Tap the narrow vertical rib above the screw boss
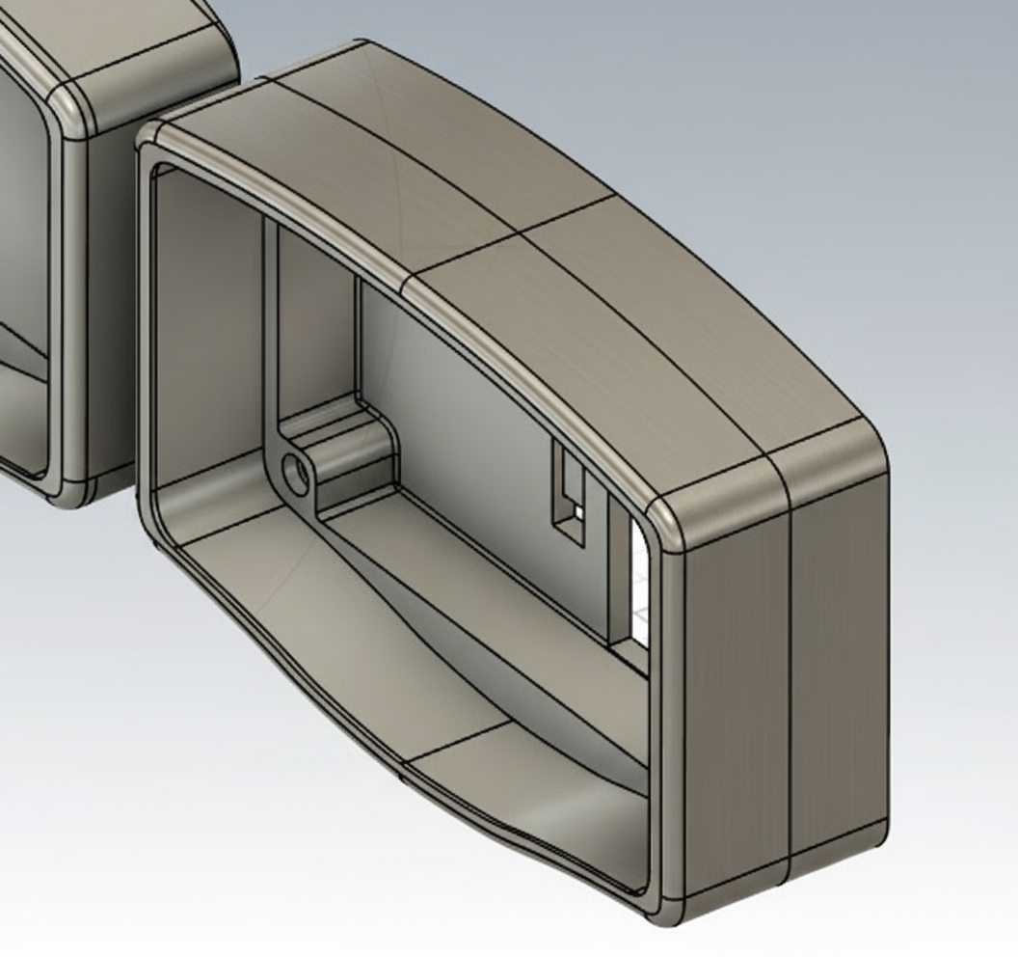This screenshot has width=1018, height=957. (x=271, y=318)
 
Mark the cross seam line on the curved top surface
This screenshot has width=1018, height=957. (x=511, y=236)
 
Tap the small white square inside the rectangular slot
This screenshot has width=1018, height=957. (x=576, y=512)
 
